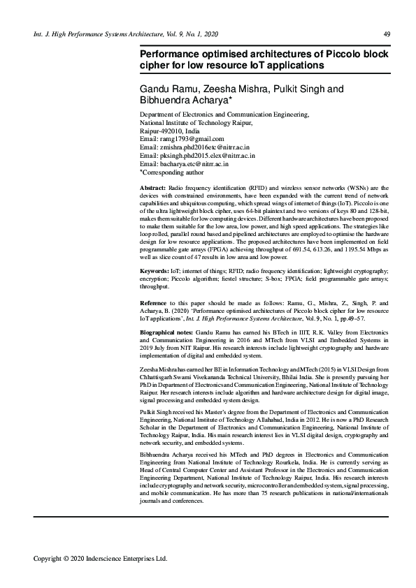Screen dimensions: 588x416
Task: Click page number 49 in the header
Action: [x=387, y=34]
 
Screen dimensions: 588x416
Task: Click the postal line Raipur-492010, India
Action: [x=170, y=131]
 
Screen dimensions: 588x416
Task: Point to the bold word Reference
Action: [x=157, y=302]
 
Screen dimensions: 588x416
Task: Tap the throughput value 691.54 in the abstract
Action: [x=294, y=249]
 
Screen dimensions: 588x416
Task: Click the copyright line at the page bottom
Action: [x=101, y=559]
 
